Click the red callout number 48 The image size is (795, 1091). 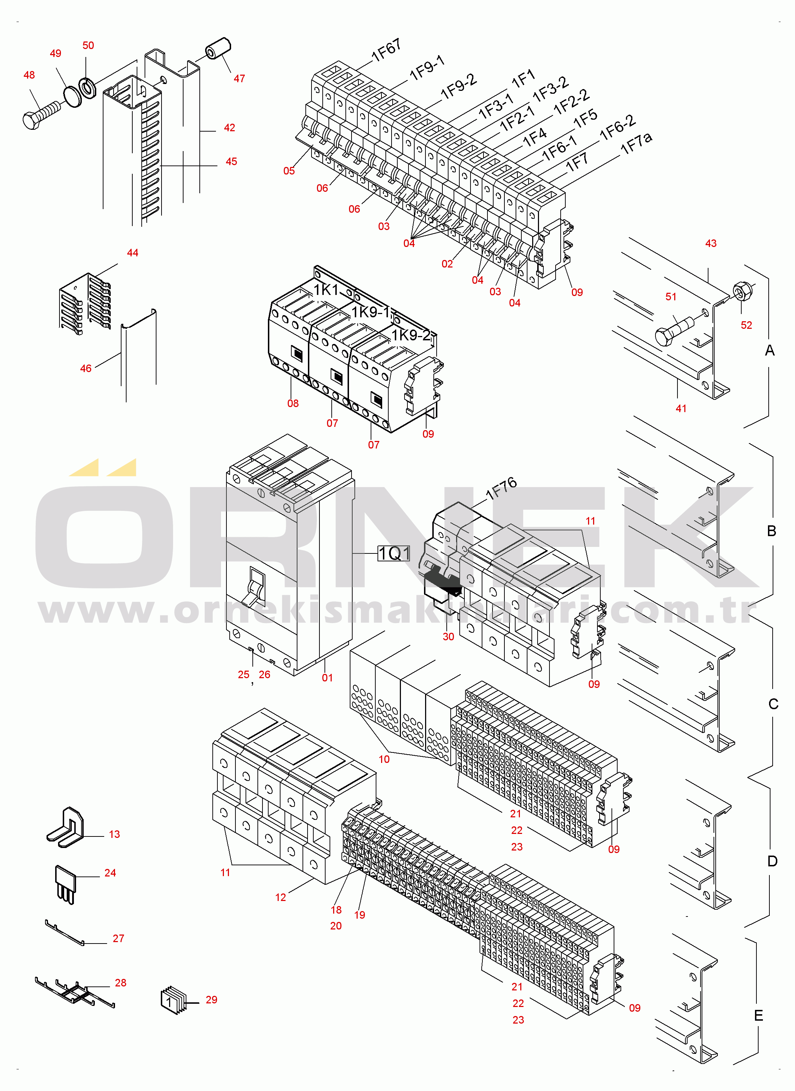point(29,75)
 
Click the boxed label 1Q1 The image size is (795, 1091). point(394,553)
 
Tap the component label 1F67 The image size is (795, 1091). point(386,50)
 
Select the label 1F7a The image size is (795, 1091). point(636,143)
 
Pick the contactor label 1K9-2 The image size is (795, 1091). point(411,335)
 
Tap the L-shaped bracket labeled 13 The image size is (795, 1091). point(66,827)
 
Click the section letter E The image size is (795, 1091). point(759,1015)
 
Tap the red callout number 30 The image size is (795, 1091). point(448,637)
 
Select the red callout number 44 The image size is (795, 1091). point(132,253)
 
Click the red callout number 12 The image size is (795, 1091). point(280,897)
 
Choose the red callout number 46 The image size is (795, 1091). point(86,368)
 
